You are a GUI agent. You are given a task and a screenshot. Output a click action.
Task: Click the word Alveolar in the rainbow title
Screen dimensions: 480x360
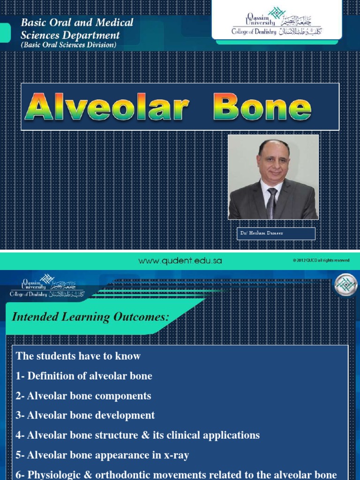click(x=107, y=107)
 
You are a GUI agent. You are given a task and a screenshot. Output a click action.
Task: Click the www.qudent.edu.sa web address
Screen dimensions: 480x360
click(x=180, y=261)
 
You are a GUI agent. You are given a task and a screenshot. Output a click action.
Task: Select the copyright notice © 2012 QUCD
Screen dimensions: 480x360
click(x=321, y=261)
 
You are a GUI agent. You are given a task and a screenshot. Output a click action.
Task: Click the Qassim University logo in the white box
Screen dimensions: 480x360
click(x=277, y=22)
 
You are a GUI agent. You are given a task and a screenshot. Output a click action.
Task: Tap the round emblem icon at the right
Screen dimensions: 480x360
click(x=346, y=285)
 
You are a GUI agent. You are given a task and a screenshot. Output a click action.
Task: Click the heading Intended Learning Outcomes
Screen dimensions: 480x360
click(x=90, y=317)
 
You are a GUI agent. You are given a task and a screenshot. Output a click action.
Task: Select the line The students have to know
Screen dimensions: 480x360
click(x=78, y=356)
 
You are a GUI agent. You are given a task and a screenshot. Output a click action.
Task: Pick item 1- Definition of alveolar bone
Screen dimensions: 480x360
click(x=84, y=376)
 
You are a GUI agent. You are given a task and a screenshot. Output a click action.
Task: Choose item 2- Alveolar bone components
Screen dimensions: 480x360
click(x=83, y=396)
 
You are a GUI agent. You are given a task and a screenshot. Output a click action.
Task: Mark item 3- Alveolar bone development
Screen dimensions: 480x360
click(x=85, y=415)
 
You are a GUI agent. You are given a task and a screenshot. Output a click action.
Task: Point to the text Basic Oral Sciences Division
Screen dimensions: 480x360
click(x=68, y=45)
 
